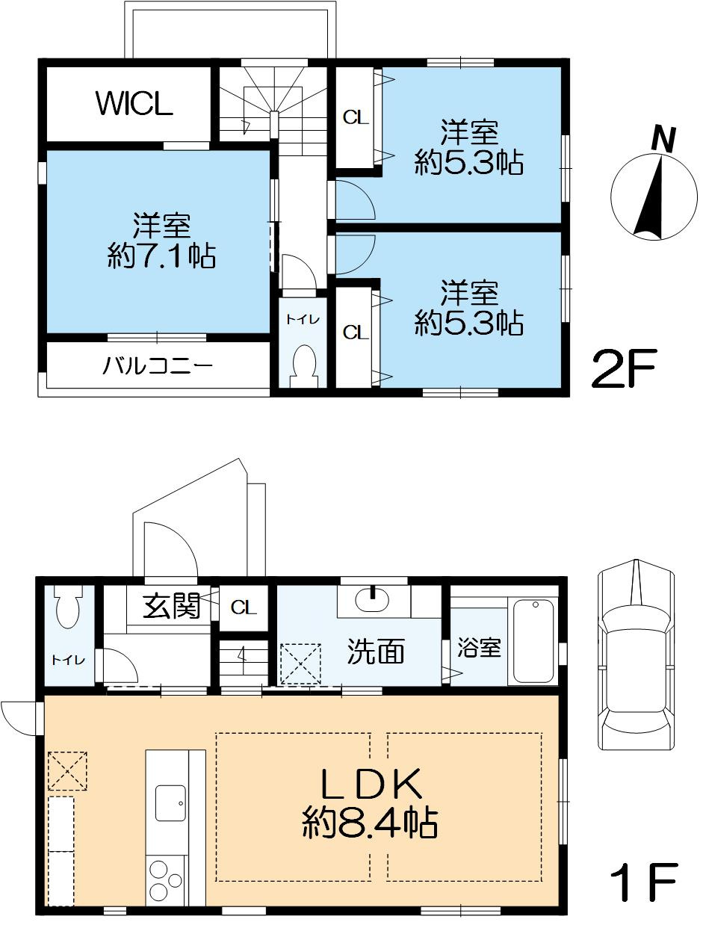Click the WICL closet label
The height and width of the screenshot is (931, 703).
click(x=134, y=105)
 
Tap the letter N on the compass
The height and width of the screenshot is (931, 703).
click(x=663, y=139)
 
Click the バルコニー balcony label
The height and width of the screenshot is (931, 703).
click(x=158, y=366)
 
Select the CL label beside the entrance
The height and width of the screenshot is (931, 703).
click(x=243, y=607)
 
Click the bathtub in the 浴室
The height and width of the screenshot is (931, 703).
click(x=534, y=641)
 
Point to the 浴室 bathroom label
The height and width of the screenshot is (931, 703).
click(x=479, y=648)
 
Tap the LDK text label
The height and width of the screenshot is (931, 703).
click(x=371, y=786)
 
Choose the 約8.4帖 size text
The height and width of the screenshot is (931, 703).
click(x=370, y=823)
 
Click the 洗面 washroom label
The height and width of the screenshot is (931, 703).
click(x=376, y=652)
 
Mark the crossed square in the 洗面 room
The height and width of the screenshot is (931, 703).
click(x=300, y=663)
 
